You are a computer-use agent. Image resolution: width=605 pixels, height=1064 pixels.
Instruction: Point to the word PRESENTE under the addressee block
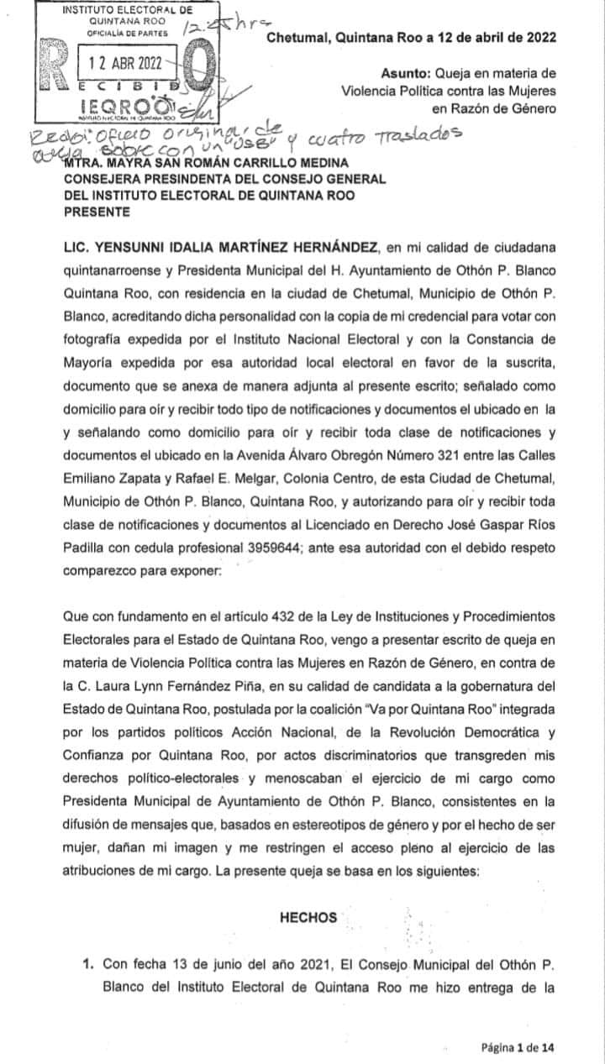coord(97,212)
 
